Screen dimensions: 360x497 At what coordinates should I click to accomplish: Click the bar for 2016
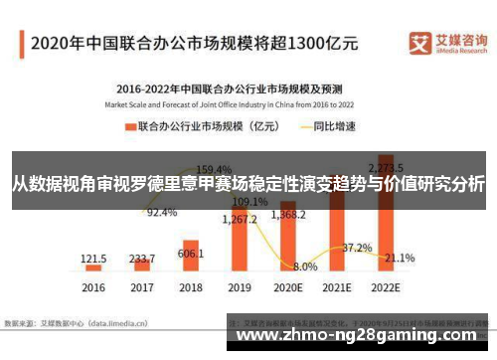pos(93,267)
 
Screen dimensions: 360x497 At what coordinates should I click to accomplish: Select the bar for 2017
pos(142,265)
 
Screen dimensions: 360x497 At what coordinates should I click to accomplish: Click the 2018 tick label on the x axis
pos(191,286)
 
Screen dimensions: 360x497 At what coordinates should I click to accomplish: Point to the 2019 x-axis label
pos(239,286)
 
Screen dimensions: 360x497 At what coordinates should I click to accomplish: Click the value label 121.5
pos(93,257)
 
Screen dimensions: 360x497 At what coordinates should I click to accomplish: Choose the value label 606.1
pos(191,254)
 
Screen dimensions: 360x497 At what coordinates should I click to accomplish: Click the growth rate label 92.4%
pos(162,213)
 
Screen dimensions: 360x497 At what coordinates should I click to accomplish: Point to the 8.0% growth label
pos(305,267)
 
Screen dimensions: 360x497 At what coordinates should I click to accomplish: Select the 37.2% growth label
pos(356,247)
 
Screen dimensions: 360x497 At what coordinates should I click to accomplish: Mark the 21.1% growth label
pos(399,258)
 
